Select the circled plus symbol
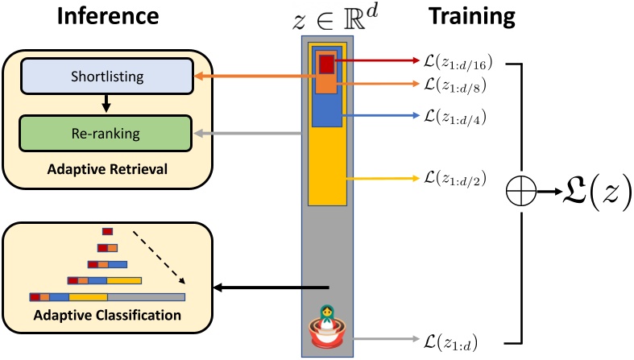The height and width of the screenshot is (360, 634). click(x=521, y=192)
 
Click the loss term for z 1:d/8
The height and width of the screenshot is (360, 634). click(x=455, y=84)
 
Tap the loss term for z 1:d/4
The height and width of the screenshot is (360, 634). click(x=455, y=116)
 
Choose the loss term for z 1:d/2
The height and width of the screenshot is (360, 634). click(x=455, y=179)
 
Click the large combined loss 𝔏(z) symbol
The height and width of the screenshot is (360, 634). click(x=591, y=192)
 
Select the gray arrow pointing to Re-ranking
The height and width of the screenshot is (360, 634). click(x=250, y=133)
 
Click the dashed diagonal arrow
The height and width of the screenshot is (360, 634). click(x=160, y=258)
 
